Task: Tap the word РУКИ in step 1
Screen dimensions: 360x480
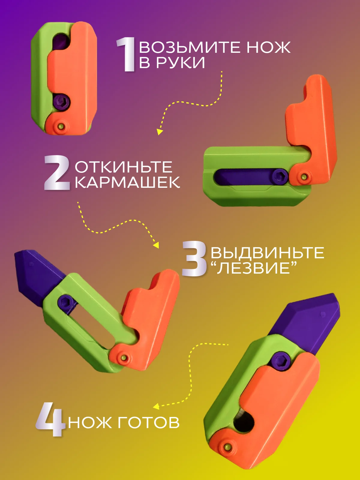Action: coord(181,62)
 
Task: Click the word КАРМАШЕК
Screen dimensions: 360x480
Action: coord(127,182)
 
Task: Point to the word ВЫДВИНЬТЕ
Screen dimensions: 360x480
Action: coord(267,253)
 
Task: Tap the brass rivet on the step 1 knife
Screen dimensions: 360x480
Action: coord(62,126)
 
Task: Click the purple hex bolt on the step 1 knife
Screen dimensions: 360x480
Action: coord(62,102)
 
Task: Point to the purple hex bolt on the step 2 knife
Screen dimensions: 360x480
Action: coord(280,176)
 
